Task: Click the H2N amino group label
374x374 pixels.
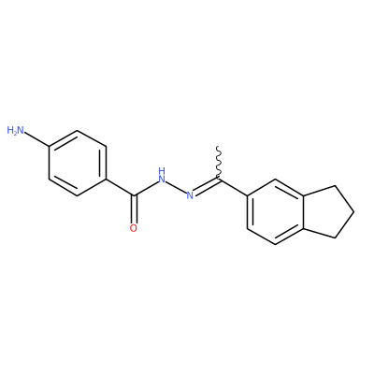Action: (x=16, y=130)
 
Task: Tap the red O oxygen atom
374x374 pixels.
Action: (x=134, y=228)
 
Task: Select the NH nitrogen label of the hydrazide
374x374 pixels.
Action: (x=162, y=175)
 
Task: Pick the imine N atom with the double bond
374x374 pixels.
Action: (x=190, y=195)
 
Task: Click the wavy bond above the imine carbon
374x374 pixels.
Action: (x=219, y=163)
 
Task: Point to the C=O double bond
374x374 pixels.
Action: (x=134, y=209)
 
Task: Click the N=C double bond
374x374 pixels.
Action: (x=207, y=186)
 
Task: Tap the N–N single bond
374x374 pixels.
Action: (x=176, y=187)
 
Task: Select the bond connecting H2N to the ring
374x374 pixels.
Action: (x=36, y=139)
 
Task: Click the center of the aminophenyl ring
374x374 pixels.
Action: (x=78, y=164)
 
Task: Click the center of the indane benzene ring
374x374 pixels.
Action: (x=275, y=212)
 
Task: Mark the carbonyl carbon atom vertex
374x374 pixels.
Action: (x=134, y=195)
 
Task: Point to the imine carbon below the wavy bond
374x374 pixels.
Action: (x=219, y=180)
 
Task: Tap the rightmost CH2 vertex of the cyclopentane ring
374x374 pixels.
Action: (x=354, y=212)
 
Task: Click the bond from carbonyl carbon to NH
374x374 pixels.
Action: (x=147, y=188)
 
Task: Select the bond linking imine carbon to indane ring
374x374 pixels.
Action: (x=233, y=188)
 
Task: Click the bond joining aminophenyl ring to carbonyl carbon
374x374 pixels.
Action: (x=120, y=188)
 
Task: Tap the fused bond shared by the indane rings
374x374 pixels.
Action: (x=303, y=212)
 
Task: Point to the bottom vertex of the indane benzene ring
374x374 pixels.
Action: (x=275, y=245)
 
